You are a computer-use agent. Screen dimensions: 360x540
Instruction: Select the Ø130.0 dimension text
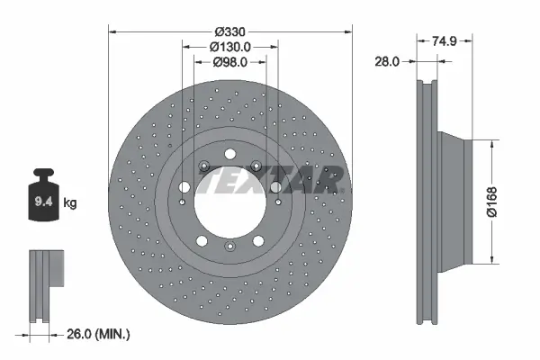229,45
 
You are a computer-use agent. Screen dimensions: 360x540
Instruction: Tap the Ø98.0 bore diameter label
229,62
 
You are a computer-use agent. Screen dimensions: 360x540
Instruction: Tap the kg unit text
69,203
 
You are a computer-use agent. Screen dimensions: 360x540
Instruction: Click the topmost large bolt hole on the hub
229,151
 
